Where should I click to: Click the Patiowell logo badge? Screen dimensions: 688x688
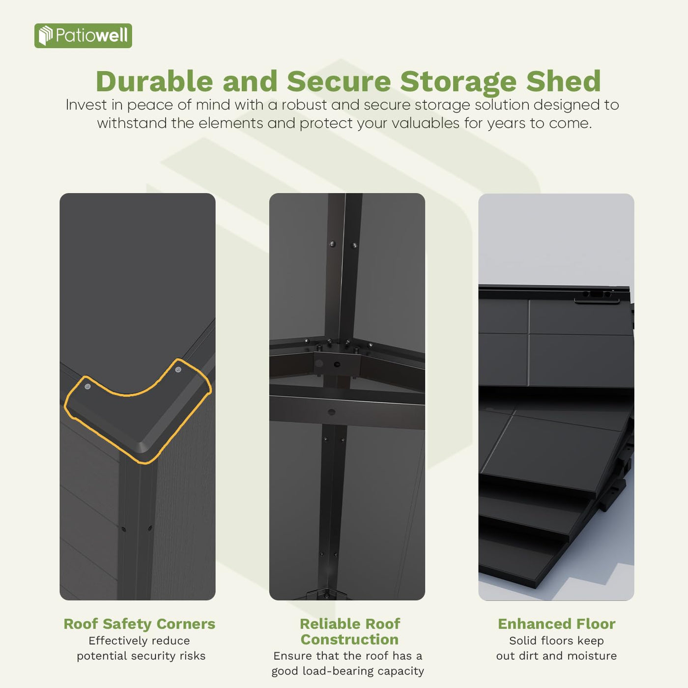[83, 36]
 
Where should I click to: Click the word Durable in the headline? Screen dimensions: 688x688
[154, 82]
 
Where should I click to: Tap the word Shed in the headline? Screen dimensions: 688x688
[563, 82]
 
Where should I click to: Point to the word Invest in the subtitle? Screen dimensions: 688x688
[86, 105]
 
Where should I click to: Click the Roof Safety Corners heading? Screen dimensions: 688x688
[139, 624]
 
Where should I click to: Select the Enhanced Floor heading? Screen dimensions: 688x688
[556, 624]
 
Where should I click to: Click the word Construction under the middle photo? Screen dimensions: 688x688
[349, 639]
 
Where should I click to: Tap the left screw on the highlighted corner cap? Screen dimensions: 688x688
[87, 386]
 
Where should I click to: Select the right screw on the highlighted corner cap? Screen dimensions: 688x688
[178, 369]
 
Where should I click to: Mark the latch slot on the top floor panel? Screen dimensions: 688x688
[596, 295]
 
